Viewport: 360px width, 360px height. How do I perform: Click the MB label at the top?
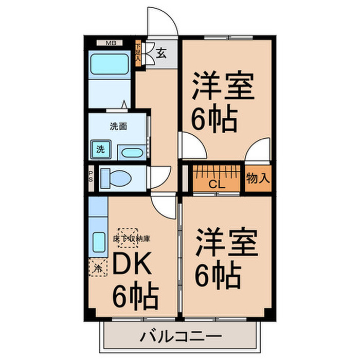coord(111,43)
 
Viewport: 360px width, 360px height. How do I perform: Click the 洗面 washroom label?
coord(118,125)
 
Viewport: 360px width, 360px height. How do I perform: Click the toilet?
coord(116,178)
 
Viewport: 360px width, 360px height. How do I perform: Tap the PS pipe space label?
coord(91,177)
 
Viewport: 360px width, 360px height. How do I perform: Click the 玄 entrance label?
coord(161,53)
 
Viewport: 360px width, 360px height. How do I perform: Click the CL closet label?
coord(215,184)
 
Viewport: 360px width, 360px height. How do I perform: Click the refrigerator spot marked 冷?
coord(97,266)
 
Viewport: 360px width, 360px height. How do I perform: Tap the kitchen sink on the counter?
coord(97,241)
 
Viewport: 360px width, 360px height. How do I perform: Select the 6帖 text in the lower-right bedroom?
coord(218,275)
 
